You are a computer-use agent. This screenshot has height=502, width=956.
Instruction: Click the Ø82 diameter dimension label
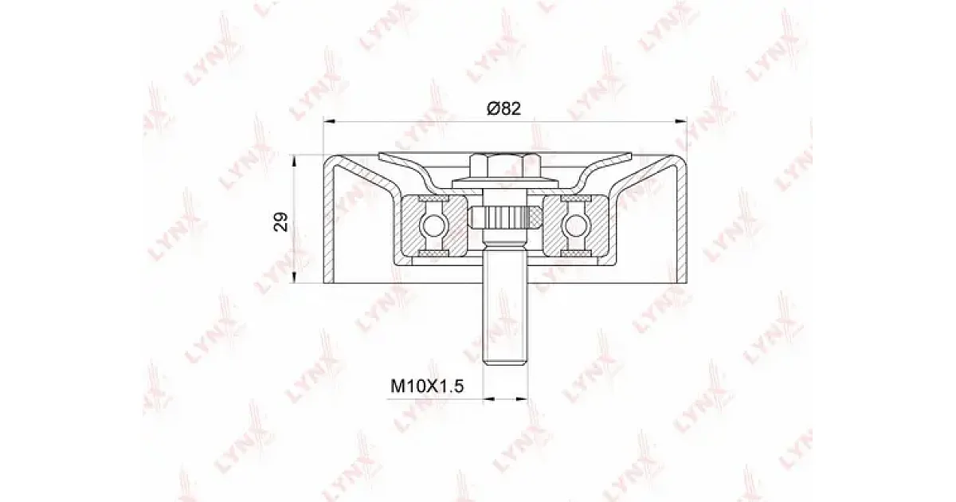tap(503, 108)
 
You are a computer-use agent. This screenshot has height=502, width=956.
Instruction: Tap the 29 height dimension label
tap(280, 222)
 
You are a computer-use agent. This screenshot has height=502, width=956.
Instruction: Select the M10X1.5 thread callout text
tap(427, 386)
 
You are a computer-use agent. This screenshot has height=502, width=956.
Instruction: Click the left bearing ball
tap(433, 225)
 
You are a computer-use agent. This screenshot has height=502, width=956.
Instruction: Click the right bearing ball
tap(576, 225)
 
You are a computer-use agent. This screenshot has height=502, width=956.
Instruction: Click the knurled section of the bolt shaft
tap(505, 218)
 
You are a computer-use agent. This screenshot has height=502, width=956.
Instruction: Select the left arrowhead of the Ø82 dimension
tap(329, 123)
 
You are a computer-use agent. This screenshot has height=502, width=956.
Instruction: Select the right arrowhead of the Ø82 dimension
tap(681, 123)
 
